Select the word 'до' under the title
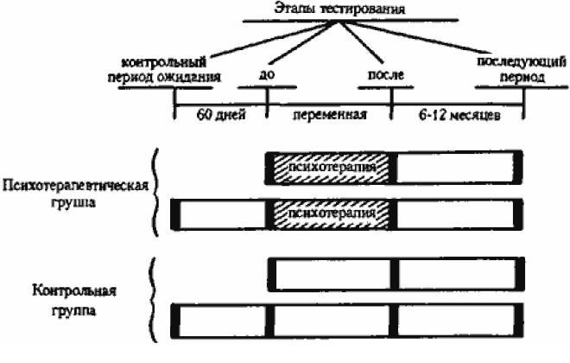(x=265, y=74)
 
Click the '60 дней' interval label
(x=221, y=112)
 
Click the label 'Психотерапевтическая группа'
(x=76, y=194)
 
